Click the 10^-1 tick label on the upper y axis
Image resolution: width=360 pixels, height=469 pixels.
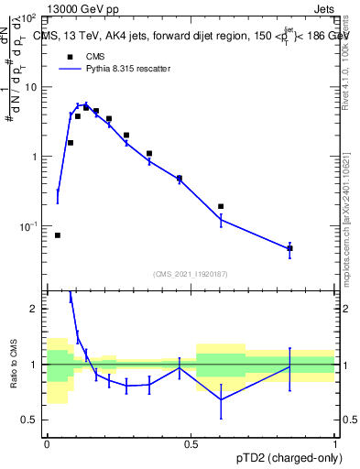pyautogui.click(x=28, y=226)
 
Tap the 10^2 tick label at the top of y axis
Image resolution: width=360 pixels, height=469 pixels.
pyautogui.click(x=28, y=18)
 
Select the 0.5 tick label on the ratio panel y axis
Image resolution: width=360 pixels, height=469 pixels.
pyautogui.click(x=30, y=420)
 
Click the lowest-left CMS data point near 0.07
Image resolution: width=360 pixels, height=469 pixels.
pyautogui.click(x=58, y=235)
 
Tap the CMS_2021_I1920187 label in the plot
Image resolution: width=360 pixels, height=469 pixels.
pyautogui.click(x=190, y=273)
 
